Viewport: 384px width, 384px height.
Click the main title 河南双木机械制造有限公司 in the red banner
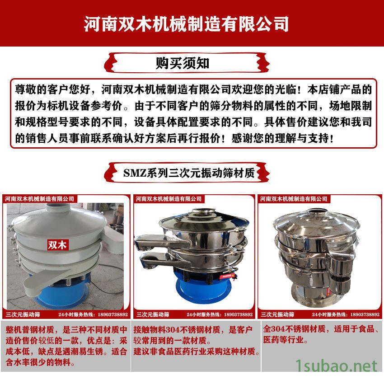(186, 24)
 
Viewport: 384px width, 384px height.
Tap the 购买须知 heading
(183, 63)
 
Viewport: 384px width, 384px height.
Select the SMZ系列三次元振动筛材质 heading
(189, 173)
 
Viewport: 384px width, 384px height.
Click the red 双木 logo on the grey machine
(57, 245)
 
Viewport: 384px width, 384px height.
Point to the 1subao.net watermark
(336, 366)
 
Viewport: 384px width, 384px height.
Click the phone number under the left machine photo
(112, 314)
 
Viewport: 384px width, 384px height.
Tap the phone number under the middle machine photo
(238, 314)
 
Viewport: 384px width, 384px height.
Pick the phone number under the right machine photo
(365, 314)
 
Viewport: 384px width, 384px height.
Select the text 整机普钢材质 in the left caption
(30, 330)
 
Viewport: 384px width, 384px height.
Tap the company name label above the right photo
(293, 199)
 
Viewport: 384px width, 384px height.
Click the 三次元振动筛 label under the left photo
(23, 314)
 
